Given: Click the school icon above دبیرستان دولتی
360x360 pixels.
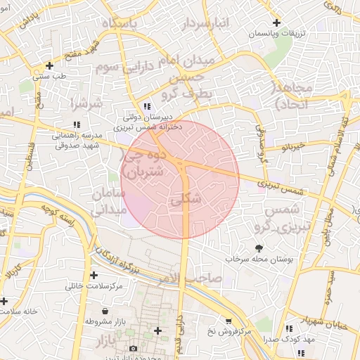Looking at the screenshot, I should click(146, 106).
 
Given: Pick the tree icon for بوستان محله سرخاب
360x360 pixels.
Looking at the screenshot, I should click(259, 247).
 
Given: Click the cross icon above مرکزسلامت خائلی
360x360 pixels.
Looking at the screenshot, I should click(94, 276).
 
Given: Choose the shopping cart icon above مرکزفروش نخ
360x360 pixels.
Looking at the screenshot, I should click(228, 321).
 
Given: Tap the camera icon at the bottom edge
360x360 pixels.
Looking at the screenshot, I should click(134, 348).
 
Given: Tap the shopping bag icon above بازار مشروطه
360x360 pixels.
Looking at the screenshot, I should click(105, 311).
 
